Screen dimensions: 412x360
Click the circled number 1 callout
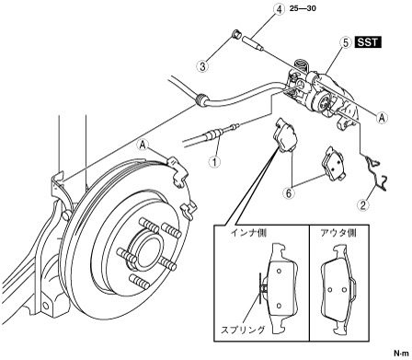(x=214, y=161)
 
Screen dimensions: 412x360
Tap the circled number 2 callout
(x=363, y=204)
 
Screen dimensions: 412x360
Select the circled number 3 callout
(x=202, y=65)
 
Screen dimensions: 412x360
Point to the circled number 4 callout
(x=279, y=9)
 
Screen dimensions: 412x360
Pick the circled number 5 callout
(x=346, y=42)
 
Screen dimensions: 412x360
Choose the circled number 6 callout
(x=289, y=192)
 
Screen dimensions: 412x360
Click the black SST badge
(x=368, y=42)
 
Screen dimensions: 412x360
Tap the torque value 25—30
(x=303, y=8)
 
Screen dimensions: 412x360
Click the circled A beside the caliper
(x=382, y=118)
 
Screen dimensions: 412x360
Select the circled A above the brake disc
(x=143, y=145)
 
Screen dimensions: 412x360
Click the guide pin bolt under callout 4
(x=253, y=43)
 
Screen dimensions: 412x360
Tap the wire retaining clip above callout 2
(x=376, y=172)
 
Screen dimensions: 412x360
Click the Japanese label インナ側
(x=248, y=233)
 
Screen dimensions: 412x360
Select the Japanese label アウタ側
(x=338, y=233)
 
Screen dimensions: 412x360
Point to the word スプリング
(x=243, y=330)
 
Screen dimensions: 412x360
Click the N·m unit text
(x=402, y=353)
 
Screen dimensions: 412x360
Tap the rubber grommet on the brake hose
(x=201, y=99)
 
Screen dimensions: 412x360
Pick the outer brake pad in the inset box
(x=338, y=290)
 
